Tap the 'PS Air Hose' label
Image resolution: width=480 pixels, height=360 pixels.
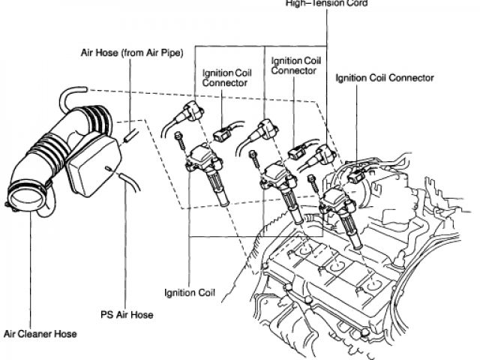[127, 315]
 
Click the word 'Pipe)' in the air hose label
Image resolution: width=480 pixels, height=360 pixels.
[169, 54]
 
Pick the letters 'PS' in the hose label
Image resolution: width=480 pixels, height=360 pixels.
[106, 315]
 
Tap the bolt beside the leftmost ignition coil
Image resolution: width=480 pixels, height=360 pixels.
[181, 139]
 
